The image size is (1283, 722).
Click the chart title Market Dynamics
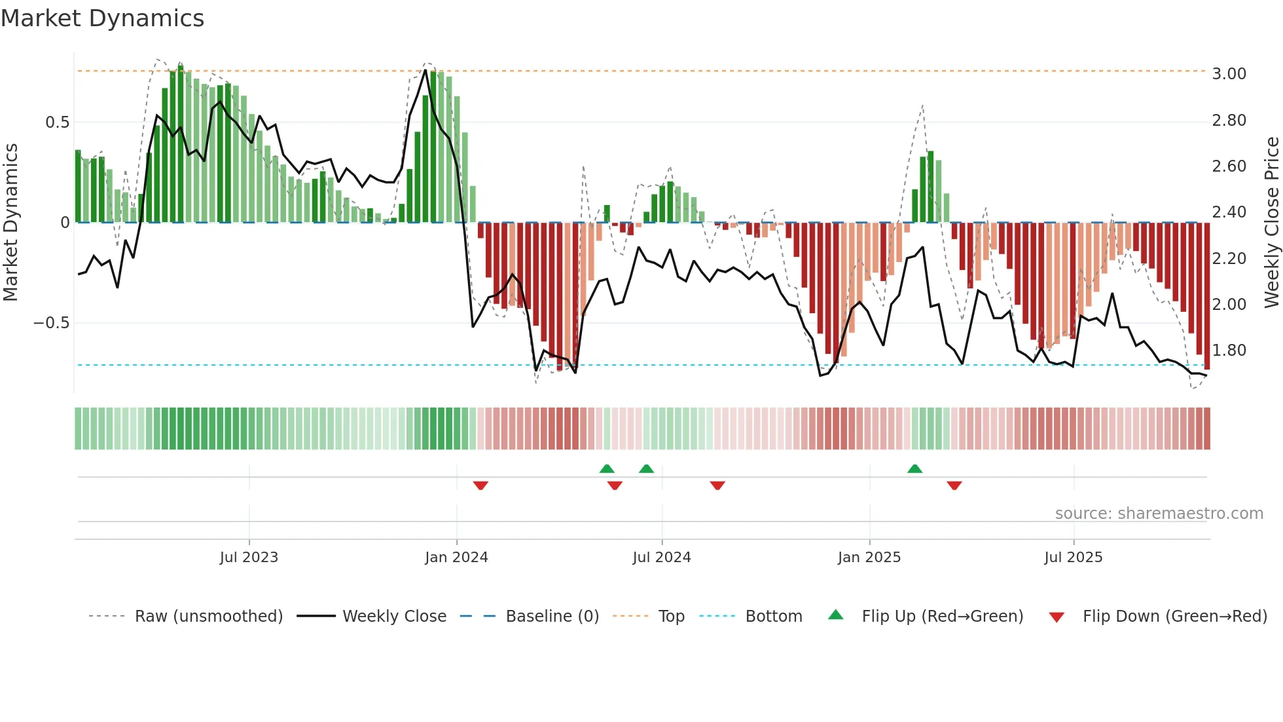(103, 18)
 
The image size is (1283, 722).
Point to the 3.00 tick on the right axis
(1229, 74)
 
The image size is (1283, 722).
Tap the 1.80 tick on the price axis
(1229, 351)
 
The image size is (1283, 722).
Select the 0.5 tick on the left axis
(57, 123)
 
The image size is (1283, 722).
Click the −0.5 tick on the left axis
(52, 323)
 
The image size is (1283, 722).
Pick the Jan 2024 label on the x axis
(456, 558)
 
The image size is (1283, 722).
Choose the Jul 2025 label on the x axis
(1073, 558)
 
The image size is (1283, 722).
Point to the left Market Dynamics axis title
(10, 223)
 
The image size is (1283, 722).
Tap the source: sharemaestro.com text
(1159, 514)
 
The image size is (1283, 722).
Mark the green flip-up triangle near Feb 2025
(914, 469)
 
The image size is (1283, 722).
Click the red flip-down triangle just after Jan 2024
(480, 485)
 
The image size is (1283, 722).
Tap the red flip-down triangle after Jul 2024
(717, 485)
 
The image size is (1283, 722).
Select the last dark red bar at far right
(1207, 295)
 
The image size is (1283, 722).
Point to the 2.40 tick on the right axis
(1229, 212)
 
